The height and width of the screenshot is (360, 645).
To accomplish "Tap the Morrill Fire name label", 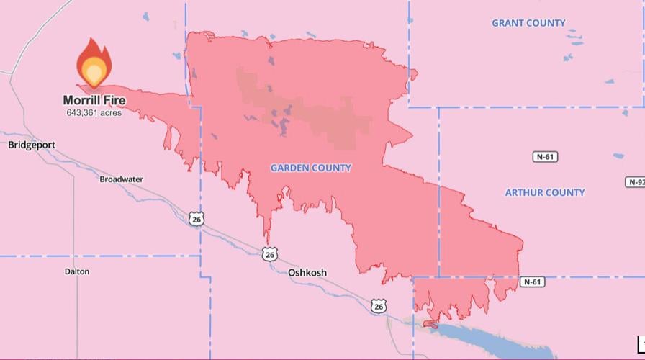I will pos(94,100).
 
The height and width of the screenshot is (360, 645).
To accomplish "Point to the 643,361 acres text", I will pos(94,113).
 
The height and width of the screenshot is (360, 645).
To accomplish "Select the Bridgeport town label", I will pos(32,145).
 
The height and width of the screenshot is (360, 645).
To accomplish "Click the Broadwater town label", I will pos(121,179).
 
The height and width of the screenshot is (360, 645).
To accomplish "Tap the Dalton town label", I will pos(77,271).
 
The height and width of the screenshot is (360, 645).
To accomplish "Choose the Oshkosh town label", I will pos(307,273).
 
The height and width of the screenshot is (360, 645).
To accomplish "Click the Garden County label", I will pos(311,168).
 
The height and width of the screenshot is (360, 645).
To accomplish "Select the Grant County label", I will pos(528,23).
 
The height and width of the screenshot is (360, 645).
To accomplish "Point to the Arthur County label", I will pos(545,192).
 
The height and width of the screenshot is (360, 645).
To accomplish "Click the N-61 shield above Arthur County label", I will pos(546,156).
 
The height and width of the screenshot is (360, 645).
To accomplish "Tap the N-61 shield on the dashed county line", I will pos(531,282).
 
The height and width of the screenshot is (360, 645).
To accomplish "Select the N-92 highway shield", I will pos(635,182).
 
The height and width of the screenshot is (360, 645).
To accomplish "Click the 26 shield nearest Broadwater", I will pos(196,219).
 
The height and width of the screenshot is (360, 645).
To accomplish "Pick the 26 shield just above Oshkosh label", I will pos(269,254).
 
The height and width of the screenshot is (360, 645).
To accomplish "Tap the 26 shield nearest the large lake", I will pos(379,307).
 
